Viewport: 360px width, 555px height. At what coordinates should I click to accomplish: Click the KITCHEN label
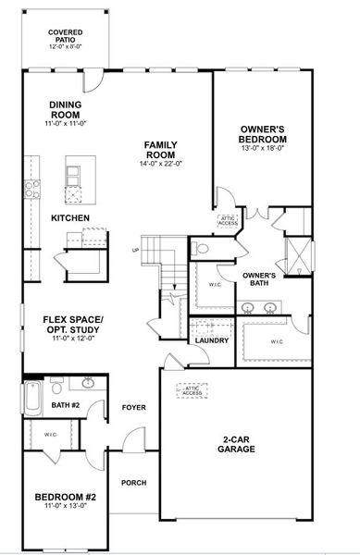coord(70,217)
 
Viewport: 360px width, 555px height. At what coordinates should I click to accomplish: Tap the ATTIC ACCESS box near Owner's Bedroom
coord(229,220)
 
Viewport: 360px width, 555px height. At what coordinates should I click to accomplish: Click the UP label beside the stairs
coord(136,251)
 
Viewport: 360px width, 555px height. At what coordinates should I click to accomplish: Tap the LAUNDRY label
coord(212,340)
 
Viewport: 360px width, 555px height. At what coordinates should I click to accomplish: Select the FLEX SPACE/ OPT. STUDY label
coord(72,325)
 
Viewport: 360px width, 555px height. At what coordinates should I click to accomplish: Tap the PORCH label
coord(134,482)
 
